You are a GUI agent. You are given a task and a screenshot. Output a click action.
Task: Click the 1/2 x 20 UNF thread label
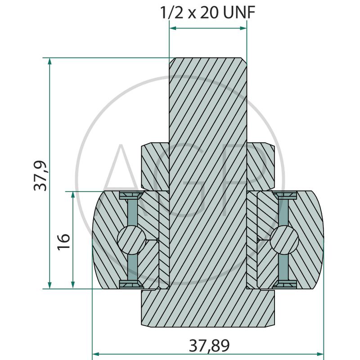coord(207,13)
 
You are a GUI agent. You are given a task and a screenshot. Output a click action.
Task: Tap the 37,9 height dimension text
coord(40,176)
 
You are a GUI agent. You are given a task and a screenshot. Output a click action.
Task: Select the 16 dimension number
coord(63,242)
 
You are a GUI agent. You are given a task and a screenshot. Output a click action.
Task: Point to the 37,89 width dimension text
coord(209,346)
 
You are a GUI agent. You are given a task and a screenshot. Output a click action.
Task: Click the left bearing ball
coord(131,240)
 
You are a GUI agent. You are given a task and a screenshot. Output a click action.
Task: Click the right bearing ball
coord(284,240)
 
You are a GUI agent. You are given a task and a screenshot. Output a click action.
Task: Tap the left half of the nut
coord(155,166)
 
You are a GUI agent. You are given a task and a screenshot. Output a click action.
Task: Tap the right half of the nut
coord(261,166)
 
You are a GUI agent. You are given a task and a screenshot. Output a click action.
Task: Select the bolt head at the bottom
coord(208,308)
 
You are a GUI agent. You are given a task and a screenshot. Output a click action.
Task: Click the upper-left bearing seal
coord(131,196)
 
